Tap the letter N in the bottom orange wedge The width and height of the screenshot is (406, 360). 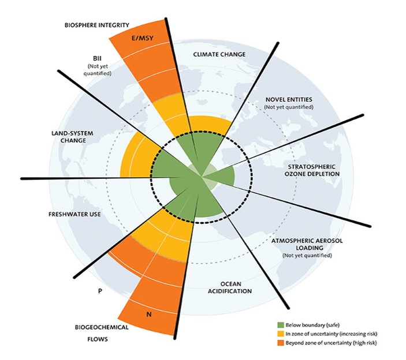pyautogui.click(x=149, y=315)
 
